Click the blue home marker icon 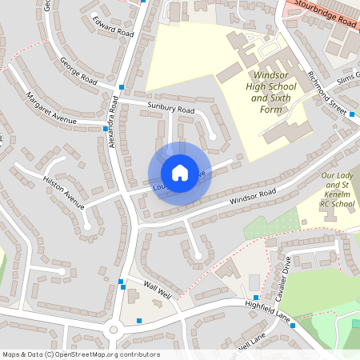179,172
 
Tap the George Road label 78,72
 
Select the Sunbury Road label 170,106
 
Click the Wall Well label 158,290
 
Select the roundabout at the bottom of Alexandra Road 114,329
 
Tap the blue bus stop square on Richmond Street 352,114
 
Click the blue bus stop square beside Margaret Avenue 106,128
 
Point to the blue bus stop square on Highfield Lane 294,325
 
